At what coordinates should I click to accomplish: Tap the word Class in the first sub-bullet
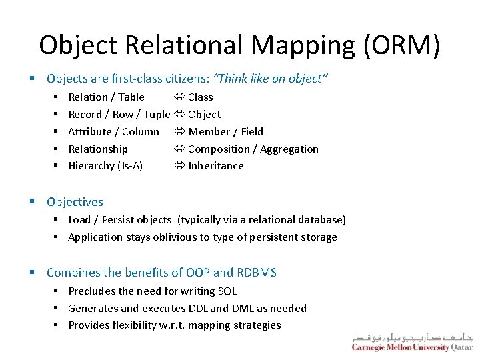click(200, 97)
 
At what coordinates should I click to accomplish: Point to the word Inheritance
click(216, 166)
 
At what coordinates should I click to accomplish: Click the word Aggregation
click(289, 149)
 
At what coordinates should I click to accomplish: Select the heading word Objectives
click(75, 202)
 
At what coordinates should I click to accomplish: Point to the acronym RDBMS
click(257, 273)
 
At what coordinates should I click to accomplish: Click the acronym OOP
click(197, 273)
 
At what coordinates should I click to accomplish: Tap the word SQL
click(227, 291)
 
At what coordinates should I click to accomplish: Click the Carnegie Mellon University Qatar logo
click(412, 341)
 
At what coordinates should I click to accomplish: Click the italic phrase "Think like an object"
click(273, 79)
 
